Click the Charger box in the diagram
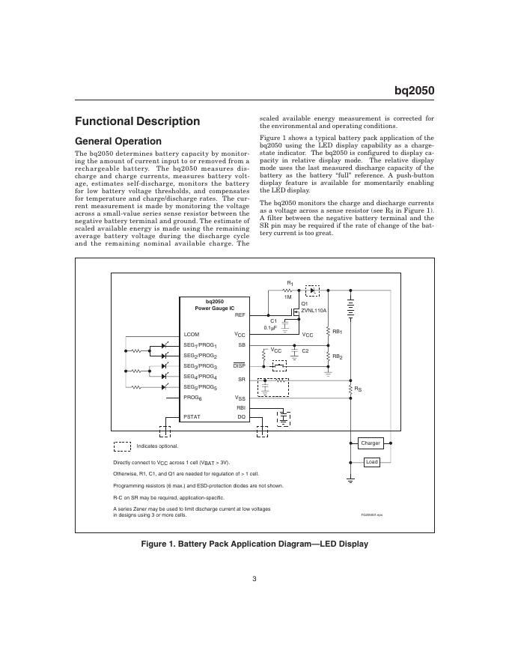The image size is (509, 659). pyautogui.click(x=371, y=443)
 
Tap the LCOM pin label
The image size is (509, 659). pyautogui.click(x=192, y=334)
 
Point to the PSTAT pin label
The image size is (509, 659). pyautogui.click(x=192, y=416)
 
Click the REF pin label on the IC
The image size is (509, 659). pyautogui.click(x=240, y=315)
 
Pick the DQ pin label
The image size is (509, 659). pyautogui.click(x=241, y=416)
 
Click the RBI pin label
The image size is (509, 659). pyautogui.click(x=240, y=407)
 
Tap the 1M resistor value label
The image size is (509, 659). pyautogui.click(x=287, y=297)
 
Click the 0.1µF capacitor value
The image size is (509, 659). pyautogui.click(x=271, y=327)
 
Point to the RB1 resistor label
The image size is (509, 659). pyautogui.click(x=337, y=331)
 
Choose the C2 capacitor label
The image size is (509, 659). pyautogui.click(x=305, y=350)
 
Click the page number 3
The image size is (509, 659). pyautogui.click(x=254, y=577)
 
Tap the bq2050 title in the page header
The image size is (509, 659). pyautogui.click(x=415, y=91)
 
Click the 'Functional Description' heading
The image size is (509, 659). pyautogui.click(x=137, y=121)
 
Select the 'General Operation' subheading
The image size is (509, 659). pyautogui.click(x=118, y=141)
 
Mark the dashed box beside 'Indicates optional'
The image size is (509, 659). pyautogui.click(x=121, y=446)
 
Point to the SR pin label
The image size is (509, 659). pyautogui.click(x=241, y=380)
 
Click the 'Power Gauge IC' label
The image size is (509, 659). pyautogui.click(x=215, y=307)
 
